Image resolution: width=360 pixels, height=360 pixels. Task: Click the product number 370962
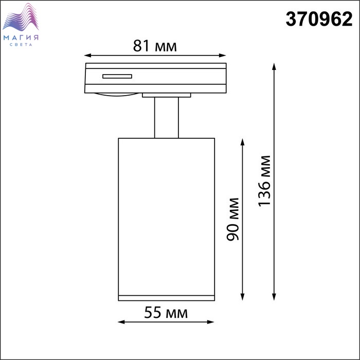319,20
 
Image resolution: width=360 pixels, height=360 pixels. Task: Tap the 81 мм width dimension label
155,46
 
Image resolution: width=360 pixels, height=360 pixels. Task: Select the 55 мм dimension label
166,313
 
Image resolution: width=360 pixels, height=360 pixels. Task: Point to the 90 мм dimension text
233,219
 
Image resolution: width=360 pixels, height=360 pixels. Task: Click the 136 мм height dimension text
264,181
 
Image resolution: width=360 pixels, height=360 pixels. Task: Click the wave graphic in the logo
21,17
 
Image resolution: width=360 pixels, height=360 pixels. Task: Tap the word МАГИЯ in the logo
21,38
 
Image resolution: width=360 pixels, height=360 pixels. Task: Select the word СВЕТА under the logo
21,45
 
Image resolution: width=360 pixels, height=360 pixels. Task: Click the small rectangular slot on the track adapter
117,76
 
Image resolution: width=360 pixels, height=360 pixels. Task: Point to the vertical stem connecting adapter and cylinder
167,118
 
